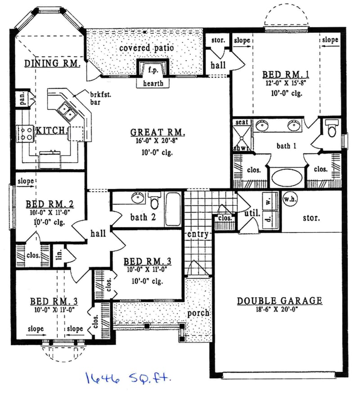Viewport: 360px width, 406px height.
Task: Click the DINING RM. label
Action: pos(52,63)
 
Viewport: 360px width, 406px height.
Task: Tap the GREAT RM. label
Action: pos(157,132)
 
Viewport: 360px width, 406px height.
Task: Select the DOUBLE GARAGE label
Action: pos(279,301)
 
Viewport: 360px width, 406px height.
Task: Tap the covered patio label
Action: pos(146,48)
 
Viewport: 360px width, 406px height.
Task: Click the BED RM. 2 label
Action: pos(49,204)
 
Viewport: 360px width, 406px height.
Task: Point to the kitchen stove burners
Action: pos(24,132)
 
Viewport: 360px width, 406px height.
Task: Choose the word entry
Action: pos(198,234)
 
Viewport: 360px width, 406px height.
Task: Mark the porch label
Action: pos(198,312)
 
